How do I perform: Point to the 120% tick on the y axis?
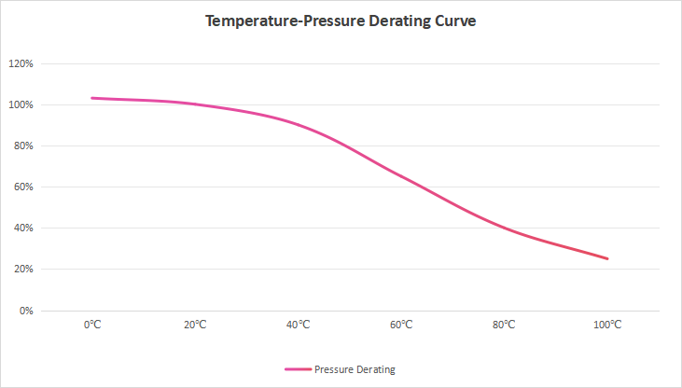pos(21,64)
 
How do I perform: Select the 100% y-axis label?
pos(21,105)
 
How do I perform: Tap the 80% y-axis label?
pos(23,146)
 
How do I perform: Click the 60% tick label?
pos(23,187)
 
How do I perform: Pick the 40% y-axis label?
pos(23,229)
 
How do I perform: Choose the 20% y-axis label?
pos(23,270)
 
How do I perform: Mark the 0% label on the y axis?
pos(26,311)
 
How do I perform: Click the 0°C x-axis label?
pos(92,325)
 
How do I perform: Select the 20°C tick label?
pos(195,325)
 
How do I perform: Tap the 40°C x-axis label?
pos(299,325)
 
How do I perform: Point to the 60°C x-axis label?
pos(401,325)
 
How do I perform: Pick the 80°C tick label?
pos(505,325)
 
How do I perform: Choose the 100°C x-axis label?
pos(607,325)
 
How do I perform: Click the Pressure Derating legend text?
pos(355,369)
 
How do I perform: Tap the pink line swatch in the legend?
pos(298,369)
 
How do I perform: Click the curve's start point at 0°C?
pos(92,98)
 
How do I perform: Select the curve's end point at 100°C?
pos(607,258)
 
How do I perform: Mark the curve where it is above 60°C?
pos(401,175)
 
